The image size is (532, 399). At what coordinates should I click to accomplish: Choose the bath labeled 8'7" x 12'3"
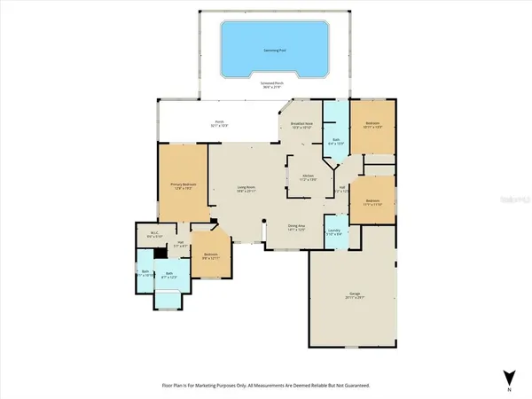[168, 276]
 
